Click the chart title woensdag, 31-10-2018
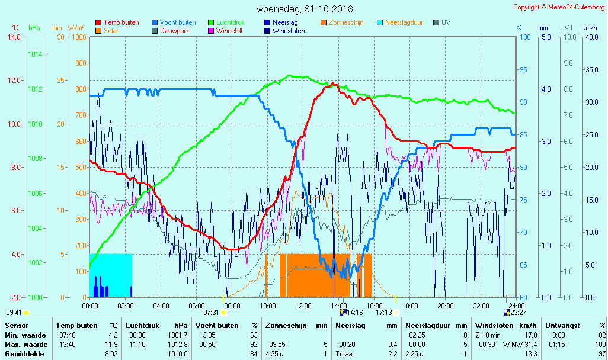[304, 9]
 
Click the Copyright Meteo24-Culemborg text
[559, 7]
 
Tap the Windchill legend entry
[228, 31]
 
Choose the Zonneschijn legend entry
[345, 22]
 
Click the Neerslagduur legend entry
[404, 22]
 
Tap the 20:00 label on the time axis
[445, 306]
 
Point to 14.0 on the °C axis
[14, 37]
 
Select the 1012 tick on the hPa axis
[35, 89]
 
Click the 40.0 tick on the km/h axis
[590, 37]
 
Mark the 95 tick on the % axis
[524, 70]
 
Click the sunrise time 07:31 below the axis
[211, 312]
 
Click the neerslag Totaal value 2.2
[393, 354]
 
